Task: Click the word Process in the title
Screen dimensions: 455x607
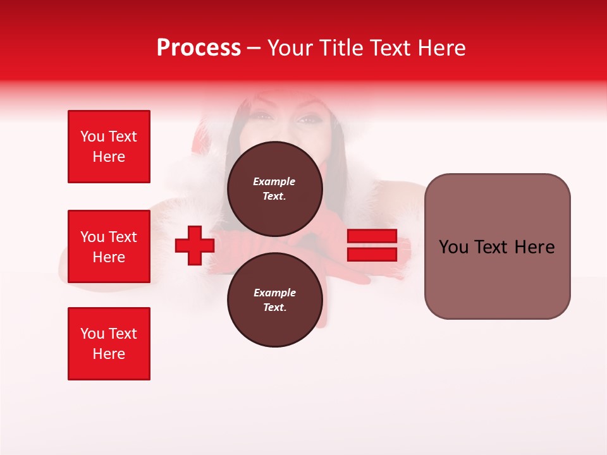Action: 199,48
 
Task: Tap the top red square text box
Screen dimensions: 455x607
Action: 109,147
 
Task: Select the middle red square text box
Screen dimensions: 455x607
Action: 109,246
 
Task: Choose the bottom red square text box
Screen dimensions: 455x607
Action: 109,344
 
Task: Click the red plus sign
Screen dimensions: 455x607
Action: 195,245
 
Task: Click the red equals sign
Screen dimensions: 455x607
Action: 372,245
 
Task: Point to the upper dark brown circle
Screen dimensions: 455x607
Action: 274,189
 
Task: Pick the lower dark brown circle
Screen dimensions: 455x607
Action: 274,300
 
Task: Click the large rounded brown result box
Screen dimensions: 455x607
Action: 497,246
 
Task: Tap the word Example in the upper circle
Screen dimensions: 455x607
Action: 274,181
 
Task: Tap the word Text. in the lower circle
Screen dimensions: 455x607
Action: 274,308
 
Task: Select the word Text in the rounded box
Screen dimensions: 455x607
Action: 493,247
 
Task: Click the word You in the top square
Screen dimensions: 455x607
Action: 92,136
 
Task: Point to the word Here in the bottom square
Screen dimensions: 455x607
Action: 109,354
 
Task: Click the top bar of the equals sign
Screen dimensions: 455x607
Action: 372,236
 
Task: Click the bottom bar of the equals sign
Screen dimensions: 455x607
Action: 372,254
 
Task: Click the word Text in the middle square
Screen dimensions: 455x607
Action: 122,237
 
